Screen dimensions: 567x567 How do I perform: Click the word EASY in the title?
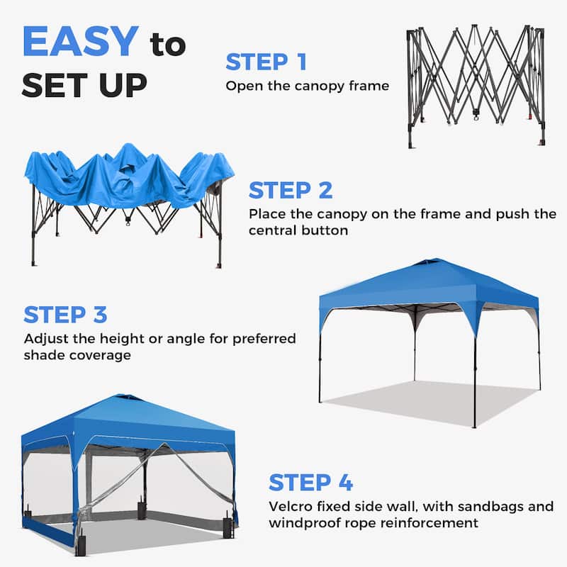point(79,42)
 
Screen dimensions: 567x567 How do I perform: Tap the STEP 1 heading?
point(266,62)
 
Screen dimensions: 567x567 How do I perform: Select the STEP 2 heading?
point(290,190)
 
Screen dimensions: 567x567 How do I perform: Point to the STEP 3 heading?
point(65,314)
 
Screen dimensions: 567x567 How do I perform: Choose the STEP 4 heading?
point(310,483)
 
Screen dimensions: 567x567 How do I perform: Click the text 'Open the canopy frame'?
point(308,86)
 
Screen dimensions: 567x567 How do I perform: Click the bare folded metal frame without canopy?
point(475,85)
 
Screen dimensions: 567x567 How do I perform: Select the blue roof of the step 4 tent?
point(128,418)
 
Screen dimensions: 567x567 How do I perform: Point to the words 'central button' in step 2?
point(296,231)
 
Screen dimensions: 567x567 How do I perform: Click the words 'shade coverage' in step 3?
point(77,355)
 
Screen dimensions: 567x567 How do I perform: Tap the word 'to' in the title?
point(167,45)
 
